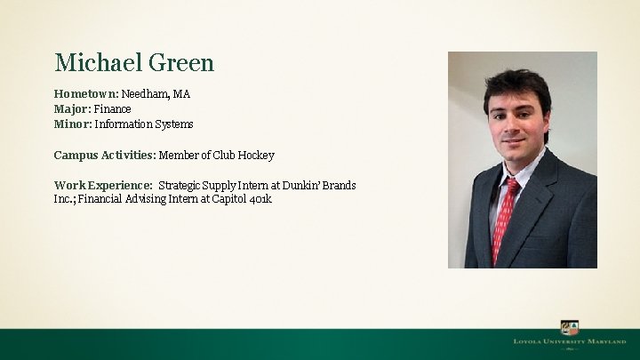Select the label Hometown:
(x=85, y=94)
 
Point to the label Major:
(x=72, y=109)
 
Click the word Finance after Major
(x=113, y=109)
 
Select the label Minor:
(x=73, y=124)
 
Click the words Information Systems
(x=144, y=124)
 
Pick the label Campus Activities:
(x=104, y=156)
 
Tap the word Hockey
(x=258, y=156)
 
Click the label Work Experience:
(x=102, y=186)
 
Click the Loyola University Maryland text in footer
(x=569, y=341)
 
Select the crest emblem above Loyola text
(x=569, y=327)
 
